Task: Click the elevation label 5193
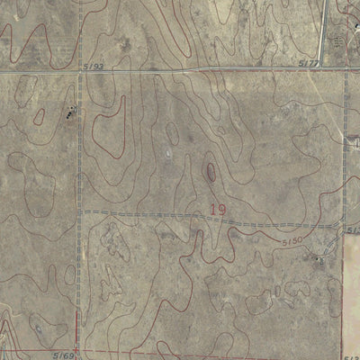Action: tap(97, 66)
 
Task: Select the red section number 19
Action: tap(217, 210)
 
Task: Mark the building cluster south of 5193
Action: tap(68, 113)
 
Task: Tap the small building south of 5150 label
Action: tap(317, 260)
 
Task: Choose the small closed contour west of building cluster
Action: tap(39, 115)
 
